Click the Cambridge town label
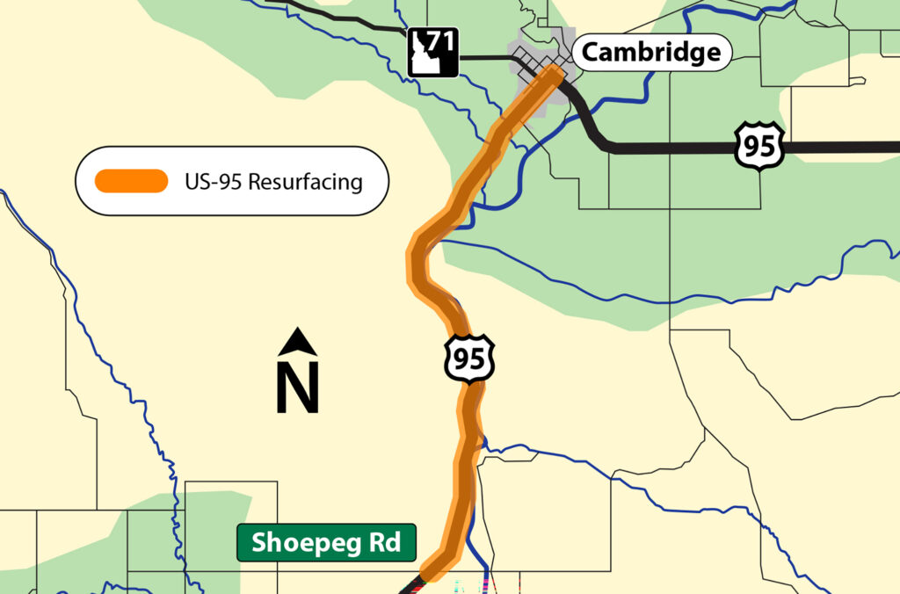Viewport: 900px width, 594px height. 651,53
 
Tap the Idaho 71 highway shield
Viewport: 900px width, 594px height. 432,51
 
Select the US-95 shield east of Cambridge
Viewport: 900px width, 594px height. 759,144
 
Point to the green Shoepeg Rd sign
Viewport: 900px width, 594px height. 326,543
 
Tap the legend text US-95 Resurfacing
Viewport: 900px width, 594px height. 273,182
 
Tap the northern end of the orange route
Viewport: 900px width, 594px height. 552,74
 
